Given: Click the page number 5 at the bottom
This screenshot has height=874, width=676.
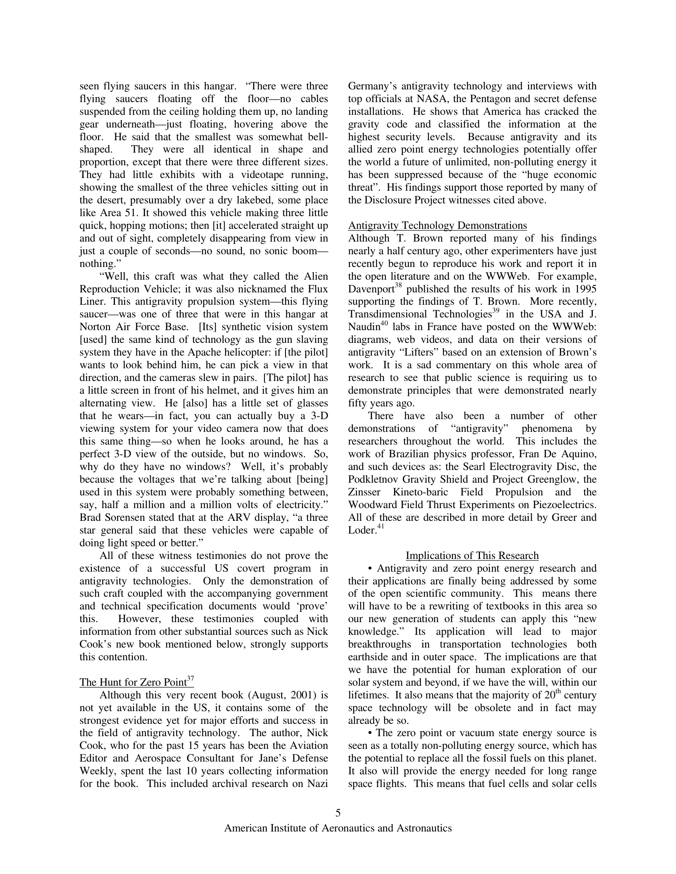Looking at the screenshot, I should pos(338,813).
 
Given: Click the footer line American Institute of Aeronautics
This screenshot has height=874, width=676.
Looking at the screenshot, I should pos(338,828).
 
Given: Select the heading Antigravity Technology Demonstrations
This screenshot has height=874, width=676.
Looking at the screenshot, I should pos(437,226).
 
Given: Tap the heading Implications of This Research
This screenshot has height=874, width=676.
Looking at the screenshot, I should pos(472,556).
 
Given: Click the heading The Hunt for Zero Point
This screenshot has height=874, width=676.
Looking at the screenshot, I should pos(133,683).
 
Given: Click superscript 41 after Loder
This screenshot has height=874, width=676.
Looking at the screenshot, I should pos(381,527).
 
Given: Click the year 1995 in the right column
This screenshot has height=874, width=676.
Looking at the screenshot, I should pos(585,289).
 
